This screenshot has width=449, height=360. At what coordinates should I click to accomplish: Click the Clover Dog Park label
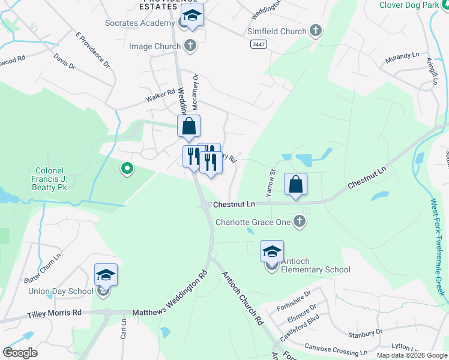(414, 5)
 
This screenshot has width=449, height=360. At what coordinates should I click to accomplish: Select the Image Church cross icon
(190, 46)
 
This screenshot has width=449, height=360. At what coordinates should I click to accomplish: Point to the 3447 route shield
(259, 44)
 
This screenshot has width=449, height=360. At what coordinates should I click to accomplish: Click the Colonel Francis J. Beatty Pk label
(49, 179)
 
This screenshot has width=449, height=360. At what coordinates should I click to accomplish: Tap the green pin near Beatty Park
(126, 170)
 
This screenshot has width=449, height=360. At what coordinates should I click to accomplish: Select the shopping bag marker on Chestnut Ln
(295, 185)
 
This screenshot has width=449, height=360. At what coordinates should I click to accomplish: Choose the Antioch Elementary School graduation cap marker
(272, 251)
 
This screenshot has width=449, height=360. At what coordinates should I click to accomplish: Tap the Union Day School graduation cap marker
(106, 275)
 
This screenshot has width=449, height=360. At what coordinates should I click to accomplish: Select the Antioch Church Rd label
(243, 298)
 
